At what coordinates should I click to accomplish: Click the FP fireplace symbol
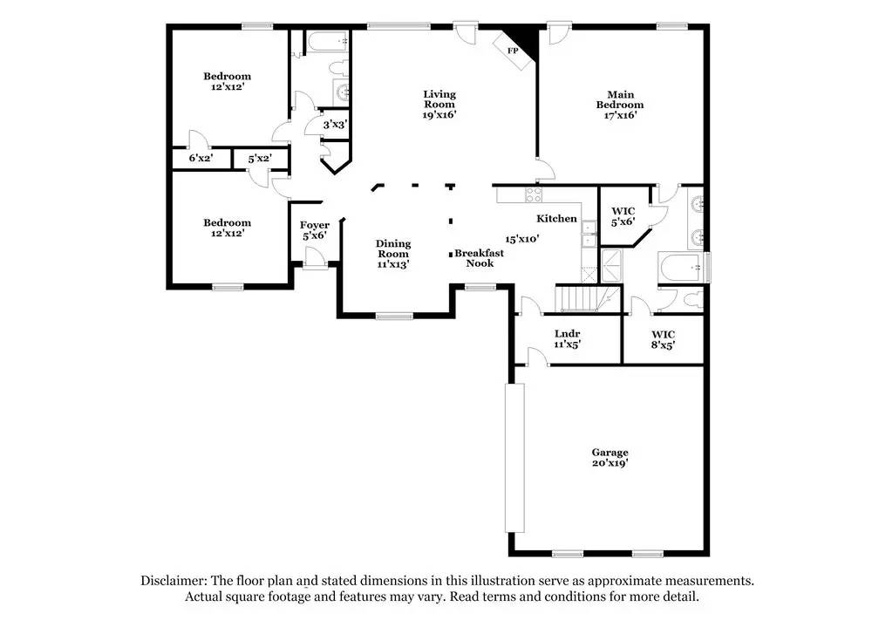click(x=513, y=51)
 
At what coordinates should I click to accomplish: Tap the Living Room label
click(x=439, y=99)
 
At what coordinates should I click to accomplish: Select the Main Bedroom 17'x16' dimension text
click(x=619, y=116)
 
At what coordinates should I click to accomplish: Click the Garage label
click(x=610, y=453)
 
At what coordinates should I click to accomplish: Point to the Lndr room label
click(x=567, y=334)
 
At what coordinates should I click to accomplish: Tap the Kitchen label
click(x=556, y=219)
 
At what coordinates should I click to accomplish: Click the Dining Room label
click(x=392, y=249)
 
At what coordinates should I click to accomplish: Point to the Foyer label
click(x=315, y=226)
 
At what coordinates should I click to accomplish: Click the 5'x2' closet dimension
click(x=259, y=160)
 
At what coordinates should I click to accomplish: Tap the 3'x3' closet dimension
click(x=335, y=125)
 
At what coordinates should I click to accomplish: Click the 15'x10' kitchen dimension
click(x=522, y=238)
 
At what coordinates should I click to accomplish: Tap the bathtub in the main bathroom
click(x=683, y=268)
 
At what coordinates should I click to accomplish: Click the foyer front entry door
click(x=314, y=258)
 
